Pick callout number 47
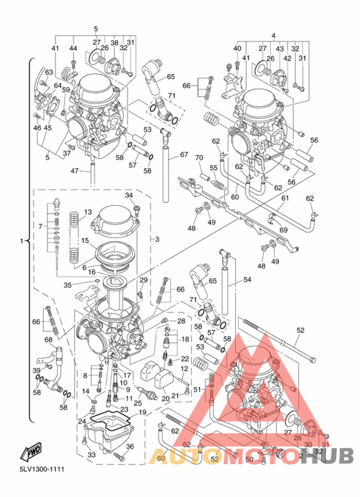pyautogui.click(x=74, y=170)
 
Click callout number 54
pyautogui.click(x=247, y=281)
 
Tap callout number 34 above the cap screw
pyautogui.click(x=129, y=195)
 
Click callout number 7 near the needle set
pyautogui.click(x=41, y=226)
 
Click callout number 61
pyautogui.click(x=284, y=199)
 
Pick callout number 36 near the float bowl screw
pyautogui.click(x=129, y=447)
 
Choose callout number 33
pyautogui.click(x=91, y=455)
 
